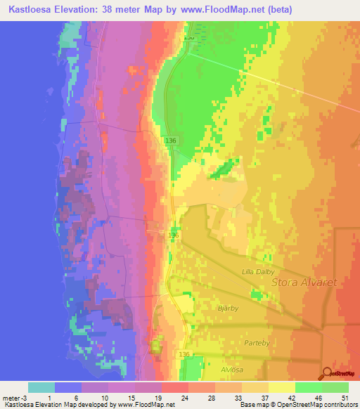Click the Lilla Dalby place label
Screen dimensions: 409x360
257,271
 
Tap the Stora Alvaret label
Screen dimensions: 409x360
304,283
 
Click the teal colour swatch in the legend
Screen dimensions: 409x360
41,387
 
